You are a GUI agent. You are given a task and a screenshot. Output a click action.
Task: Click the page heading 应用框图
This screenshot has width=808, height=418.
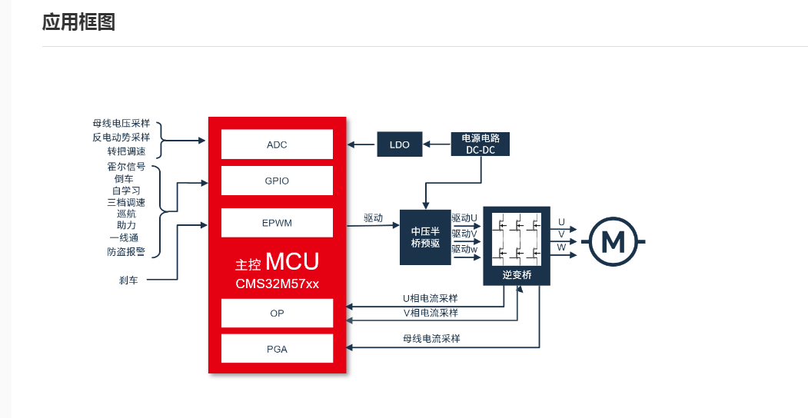click(x=78, y=22)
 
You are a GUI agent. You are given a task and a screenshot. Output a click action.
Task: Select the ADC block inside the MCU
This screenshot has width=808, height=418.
click(x=277, y=144)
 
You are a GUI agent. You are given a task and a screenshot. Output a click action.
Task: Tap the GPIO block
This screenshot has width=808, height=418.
click(x=277, y=181)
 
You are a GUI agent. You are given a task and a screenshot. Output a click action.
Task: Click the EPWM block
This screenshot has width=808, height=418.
click(x=277, y=223)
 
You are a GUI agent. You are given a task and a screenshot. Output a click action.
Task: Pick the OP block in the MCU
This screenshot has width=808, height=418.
click(x=277, y=313)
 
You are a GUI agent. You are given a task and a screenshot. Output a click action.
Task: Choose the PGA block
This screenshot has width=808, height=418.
click(x=277, y=349)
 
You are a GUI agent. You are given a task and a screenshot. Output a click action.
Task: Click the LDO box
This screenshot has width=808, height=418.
click(x=400, y=144)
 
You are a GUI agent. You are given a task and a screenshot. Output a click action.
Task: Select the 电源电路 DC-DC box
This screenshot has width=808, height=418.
click(x=480, y=144)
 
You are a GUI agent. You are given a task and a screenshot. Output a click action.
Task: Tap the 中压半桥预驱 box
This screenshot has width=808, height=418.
click(x=425, y=237)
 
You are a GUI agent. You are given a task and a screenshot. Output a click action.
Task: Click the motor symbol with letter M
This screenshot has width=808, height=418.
click(x=613, y=241)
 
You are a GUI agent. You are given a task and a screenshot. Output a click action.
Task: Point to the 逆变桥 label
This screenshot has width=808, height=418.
click(x=517, y=274)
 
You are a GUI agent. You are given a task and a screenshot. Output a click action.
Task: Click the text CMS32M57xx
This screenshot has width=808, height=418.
click(x=277, y=284)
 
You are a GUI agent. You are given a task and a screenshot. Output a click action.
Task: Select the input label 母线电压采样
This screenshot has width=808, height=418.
click(x=121, y=124)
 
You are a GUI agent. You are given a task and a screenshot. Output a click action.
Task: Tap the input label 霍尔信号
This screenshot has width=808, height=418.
click(x=126, y=167)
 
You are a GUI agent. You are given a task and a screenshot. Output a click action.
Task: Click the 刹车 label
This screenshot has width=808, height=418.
click(x=128, y=280)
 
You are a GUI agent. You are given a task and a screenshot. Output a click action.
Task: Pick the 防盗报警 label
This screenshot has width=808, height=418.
click(x=126, y=251)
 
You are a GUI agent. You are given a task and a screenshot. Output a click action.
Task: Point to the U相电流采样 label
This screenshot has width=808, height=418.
click(x=430, y=298)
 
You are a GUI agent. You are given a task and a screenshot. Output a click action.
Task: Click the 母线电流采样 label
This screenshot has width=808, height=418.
click(x=431, y=338)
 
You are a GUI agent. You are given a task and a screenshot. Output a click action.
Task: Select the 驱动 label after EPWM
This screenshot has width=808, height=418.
click(x=374, y=218)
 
